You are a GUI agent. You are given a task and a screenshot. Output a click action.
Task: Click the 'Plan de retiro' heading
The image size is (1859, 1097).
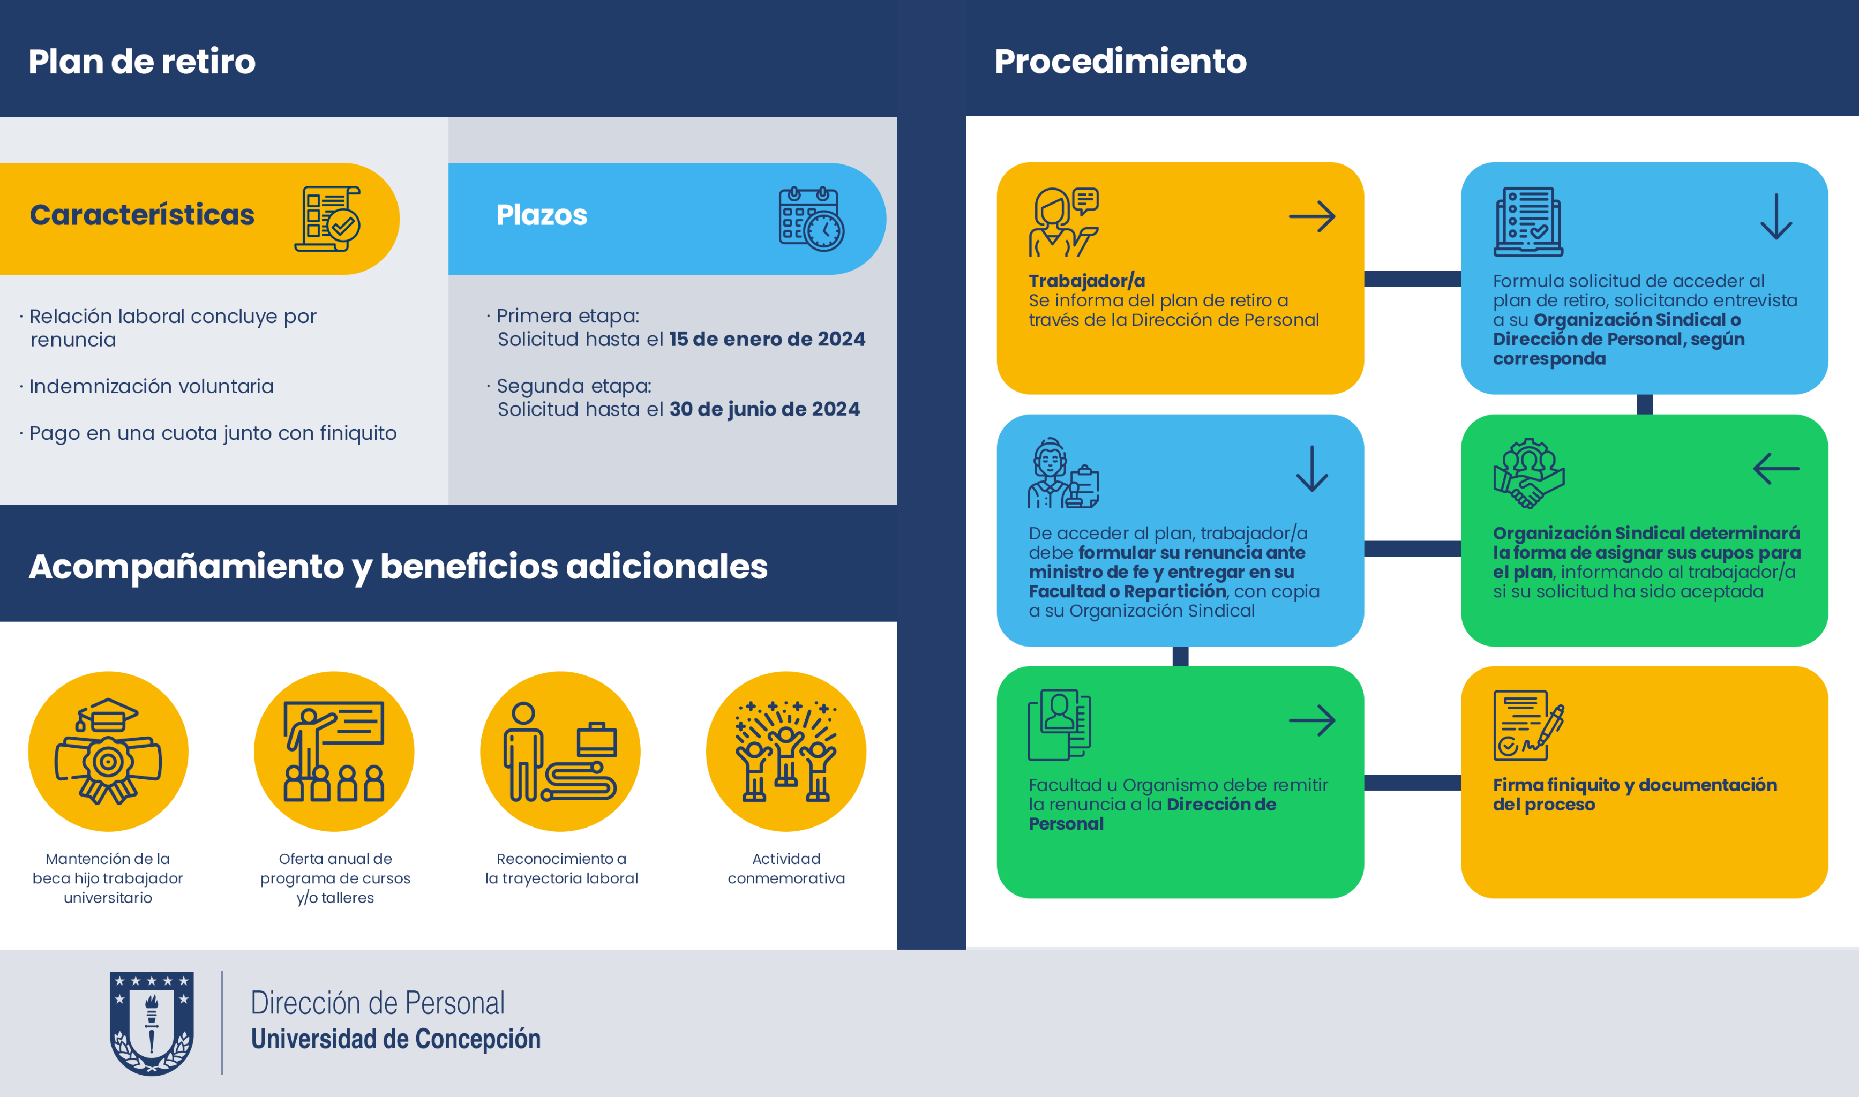[142, 62]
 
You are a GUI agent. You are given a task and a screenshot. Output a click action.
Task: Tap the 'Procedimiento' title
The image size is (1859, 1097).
[1121, 62]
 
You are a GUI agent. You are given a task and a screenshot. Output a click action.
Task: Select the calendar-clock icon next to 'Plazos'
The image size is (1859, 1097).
[811, 219]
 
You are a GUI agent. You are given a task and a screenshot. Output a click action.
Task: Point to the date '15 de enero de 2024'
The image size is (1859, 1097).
[767, 339]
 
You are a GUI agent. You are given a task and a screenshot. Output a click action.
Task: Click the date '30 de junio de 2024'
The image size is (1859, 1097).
[764, 410]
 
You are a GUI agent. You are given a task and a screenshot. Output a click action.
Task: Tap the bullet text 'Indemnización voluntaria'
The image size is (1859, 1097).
[152, 387]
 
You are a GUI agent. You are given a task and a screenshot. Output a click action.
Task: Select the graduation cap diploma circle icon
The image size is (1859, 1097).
[108, 751]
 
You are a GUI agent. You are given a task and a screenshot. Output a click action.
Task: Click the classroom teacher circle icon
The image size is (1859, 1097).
[334, 751]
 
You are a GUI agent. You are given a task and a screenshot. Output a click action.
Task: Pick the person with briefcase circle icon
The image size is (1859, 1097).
[560, 751]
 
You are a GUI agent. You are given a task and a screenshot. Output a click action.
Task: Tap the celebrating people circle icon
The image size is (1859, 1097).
[786, 751]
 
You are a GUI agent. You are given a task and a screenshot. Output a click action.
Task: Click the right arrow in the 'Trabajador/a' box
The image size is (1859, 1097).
[1312, 216]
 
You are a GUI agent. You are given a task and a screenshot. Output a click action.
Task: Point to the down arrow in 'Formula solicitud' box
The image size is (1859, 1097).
[1776, 216]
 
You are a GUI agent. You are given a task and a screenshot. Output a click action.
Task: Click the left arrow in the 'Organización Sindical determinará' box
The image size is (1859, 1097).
[1776, 469]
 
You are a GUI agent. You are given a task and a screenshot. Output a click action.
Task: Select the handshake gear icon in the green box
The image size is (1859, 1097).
[1528, 473]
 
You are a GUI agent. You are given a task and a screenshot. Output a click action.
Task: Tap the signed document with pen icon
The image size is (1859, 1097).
[1528, 725]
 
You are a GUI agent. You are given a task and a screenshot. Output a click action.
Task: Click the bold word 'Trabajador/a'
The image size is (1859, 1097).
[1086, 281]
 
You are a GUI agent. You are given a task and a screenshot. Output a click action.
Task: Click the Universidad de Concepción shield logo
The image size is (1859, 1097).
[152, 1023]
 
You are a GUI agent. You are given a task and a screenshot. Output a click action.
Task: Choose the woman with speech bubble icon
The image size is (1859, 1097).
[1063, 222]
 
